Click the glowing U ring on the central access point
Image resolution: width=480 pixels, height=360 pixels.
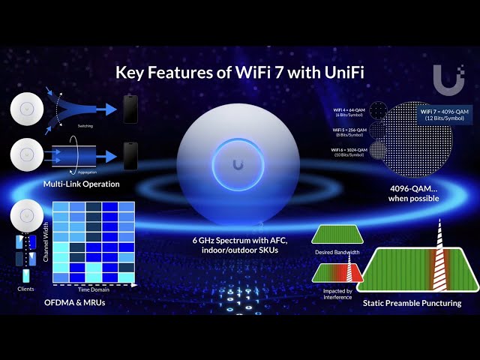238,164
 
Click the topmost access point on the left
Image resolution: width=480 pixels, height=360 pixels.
29,110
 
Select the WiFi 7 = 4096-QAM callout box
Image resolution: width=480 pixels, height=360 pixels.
447,114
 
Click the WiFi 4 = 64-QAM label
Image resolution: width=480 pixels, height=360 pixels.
350,111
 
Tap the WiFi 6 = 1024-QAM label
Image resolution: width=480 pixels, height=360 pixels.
350,152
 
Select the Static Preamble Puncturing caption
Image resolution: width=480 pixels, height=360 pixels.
412,303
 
